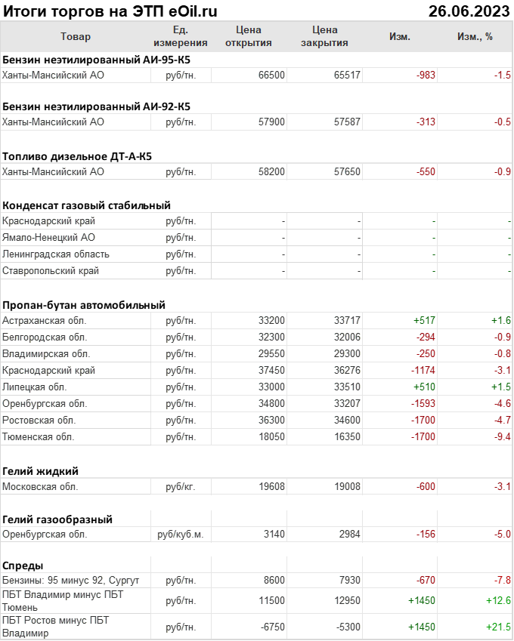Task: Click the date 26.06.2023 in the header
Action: [469, 11]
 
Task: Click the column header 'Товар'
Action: [75, 36]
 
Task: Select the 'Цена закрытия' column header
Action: [324, 36]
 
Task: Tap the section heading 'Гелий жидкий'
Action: [41, 470]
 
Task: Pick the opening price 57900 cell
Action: [271, 122]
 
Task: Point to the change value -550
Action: [426, 171]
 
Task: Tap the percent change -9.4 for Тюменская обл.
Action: [503, 436]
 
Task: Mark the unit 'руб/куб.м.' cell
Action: [180, 534]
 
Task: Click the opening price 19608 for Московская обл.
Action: [271, 486]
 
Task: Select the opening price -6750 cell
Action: [270, 627]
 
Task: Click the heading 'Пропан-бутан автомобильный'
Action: [83, 305]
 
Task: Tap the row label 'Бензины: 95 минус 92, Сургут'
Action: [71, 580]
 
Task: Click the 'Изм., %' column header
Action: [475, 36]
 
